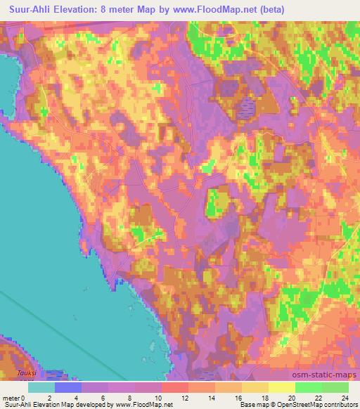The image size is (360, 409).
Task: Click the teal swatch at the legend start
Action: (x=41, y=387)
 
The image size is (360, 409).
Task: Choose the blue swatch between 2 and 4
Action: (x=68, y=387)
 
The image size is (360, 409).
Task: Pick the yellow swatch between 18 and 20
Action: (x=282, y=387)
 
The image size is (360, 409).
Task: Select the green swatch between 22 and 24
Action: (x=335, y=387)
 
